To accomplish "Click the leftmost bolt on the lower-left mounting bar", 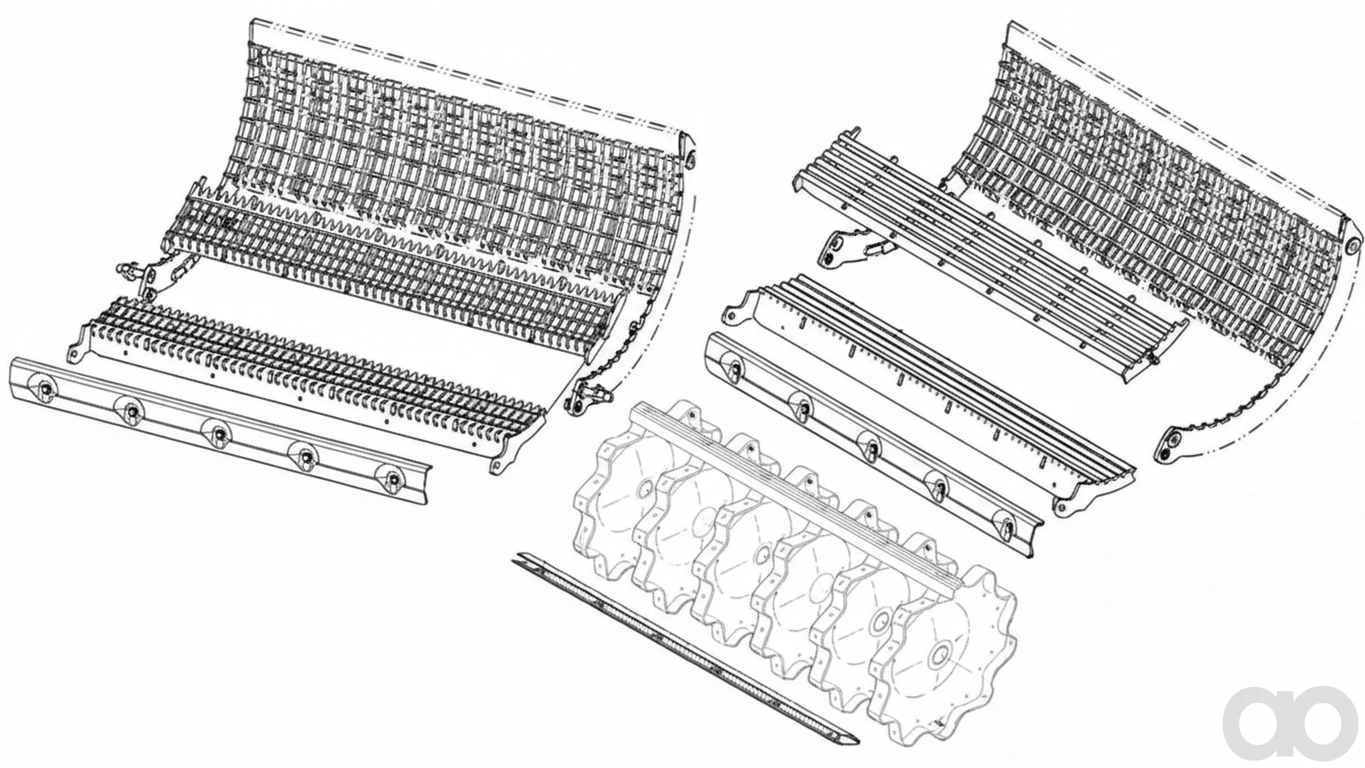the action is [45, 388].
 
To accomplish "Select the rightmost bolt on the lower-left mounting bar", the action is [391, 477].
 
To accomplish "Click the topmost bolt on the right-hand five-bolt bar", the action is [734, 367].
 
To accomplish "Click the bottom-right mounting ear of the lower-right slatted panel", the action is [1063, 506].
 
